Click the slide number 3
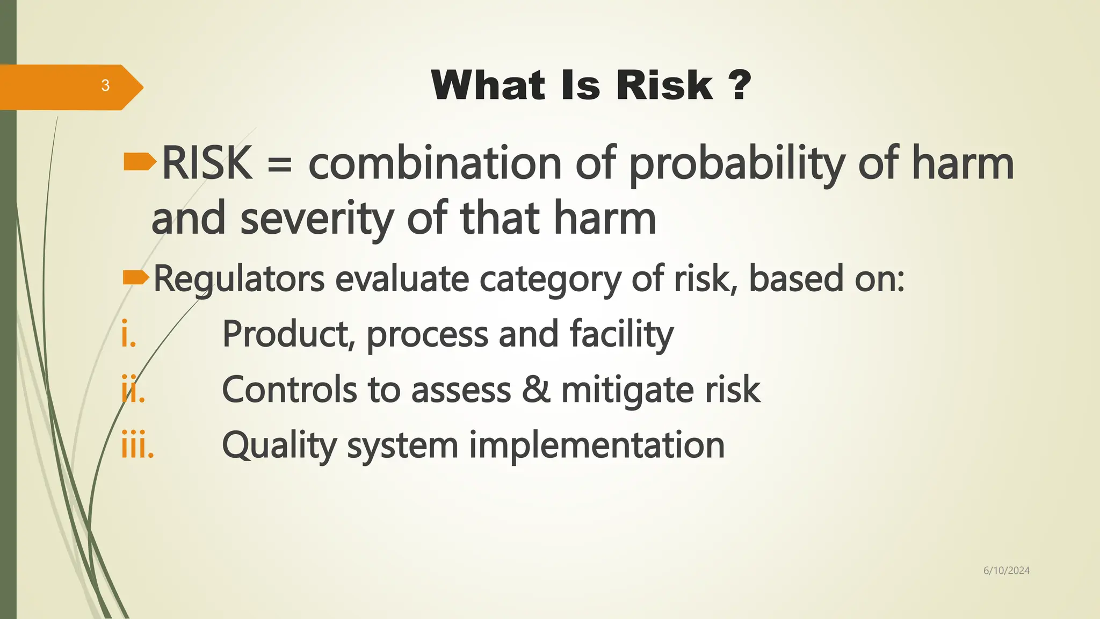click(105, 85)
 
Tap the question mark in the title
click(740, 86)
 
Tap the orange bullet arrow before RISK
click(139, 162)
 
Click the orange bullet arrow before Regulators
click(135, 277)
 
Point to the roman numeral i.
click(128, 334)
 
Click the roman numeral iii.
click(137, 445)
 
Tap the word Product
click(288, 335)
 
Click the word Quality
click(279, 447)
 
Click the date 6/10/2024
click(1006, 571)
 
